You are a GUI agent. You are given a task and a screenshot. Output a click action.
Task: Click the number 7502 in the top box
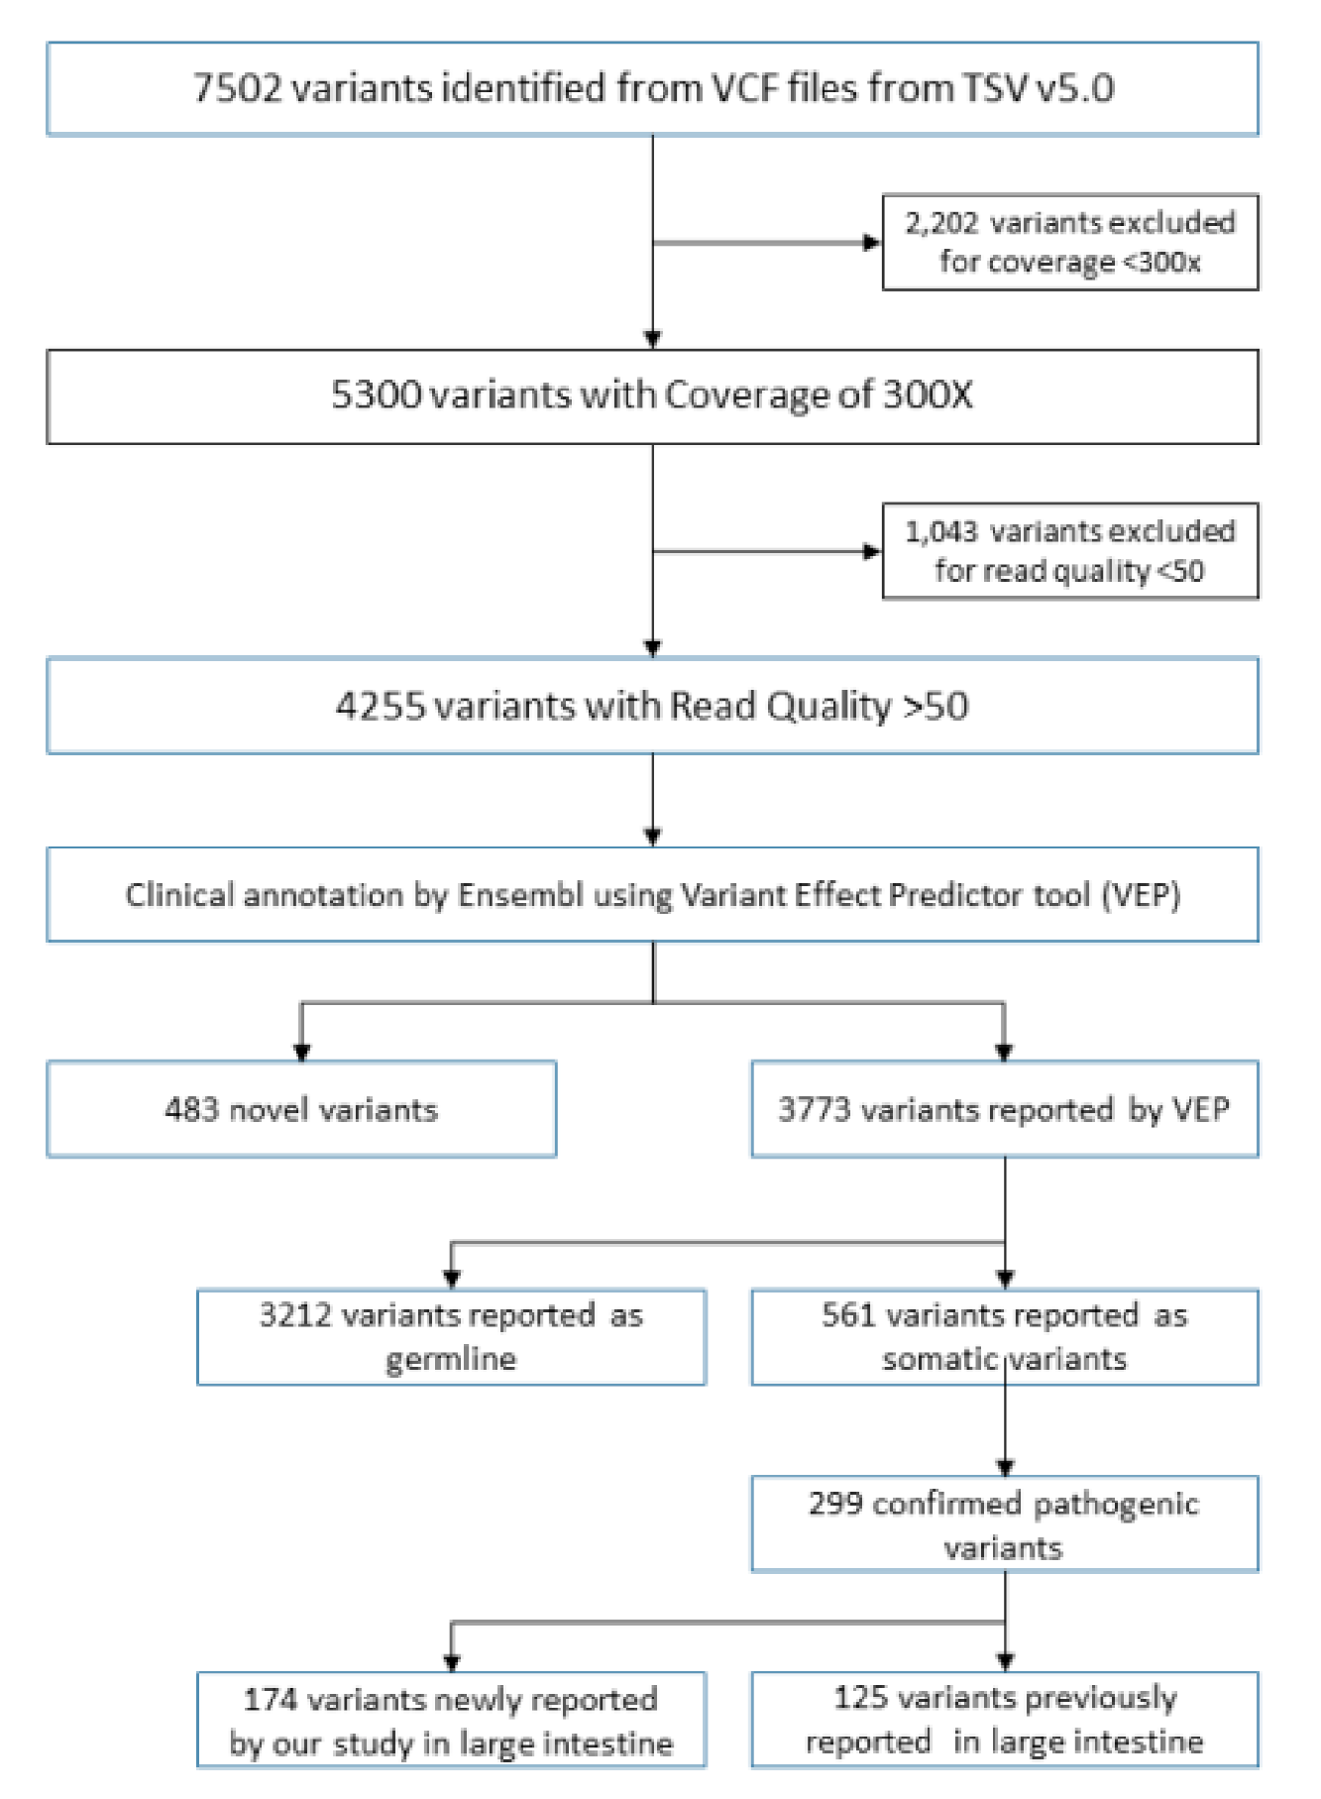[x=237, y=89]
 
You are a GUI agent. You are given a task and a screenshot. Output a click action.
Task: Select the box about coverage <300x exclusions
[x=1070, y=242]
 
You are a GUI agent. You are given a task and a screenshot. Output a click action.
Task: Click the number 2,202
[x=940, y=223]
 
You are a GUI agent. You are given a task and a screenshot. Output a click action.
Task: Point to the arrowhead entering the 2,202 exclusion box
[x=873, y=243]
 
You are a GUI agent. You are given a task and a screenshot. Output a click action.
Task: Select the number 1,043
[x=940, y=532]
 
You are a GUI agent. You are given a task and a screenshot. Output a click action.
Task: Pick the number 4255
[x=380, y=707]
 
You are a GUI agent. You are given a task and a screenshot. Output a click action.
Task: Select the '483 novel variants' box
[x=301, y=1109]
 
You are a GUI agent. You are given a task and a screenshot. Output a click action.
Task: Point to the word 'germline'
[x=451, y=1359]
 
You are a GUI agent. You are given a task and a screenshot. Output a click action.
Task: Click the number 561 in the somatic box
[x=848, y=1315]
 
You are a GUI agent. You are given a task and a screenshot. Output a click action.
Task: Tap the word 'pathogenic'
[x=1116, y=1505]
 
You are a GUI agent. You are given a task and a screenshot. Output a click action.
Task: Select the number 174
[x=270, y=1700]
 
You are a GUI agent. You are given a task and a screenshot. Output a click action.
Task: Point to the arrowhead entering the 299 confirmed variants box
[x=1005, y=1467]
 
